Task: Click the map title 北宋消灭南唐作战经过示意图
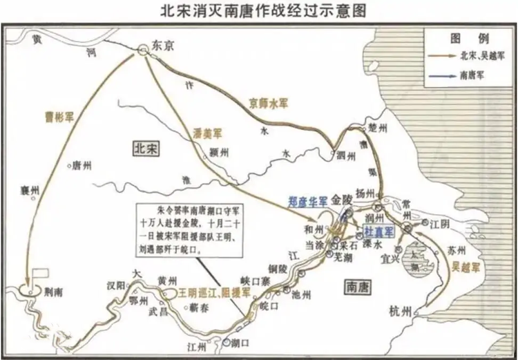coord(260,11)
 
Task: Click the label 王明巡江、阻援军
coord(204,292)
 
